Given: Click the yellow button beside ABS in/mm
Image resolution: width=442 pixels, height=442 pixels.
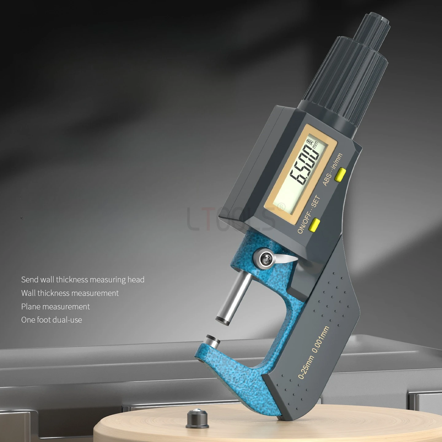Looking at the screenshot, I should pos(340,174).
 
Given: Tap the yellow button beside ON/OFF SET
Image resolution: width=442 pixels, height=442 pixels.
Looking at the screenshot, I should pos(315,225).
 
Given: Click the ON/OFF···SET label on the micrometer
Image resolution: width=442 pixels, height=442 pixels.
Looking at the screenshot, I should pos(309,215).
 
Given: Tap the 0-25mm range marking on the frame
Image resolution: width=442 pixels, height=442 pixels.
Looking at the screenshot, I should pos(306,366).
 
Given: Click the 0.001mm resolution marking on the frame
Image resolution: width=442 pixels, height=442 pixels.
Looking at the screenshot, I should pos(321,339).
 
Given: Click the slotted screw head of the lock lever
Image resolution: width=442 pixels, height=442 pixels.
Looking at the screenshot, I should pos(265,259).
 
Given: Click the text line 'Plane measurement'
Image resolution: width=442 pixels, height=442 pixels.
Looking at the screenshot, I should pos(56,306).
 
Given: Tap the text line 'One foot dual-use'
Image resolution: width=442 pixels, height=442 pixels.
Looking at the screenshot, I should pos(52,320).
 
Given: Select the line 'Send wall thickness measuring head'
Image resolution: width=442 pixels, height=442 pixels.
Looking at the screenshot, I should pos(83,280).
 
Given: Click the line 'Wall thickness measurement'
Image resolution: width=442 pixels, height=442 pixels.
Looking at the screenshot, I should pos(70,293).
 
